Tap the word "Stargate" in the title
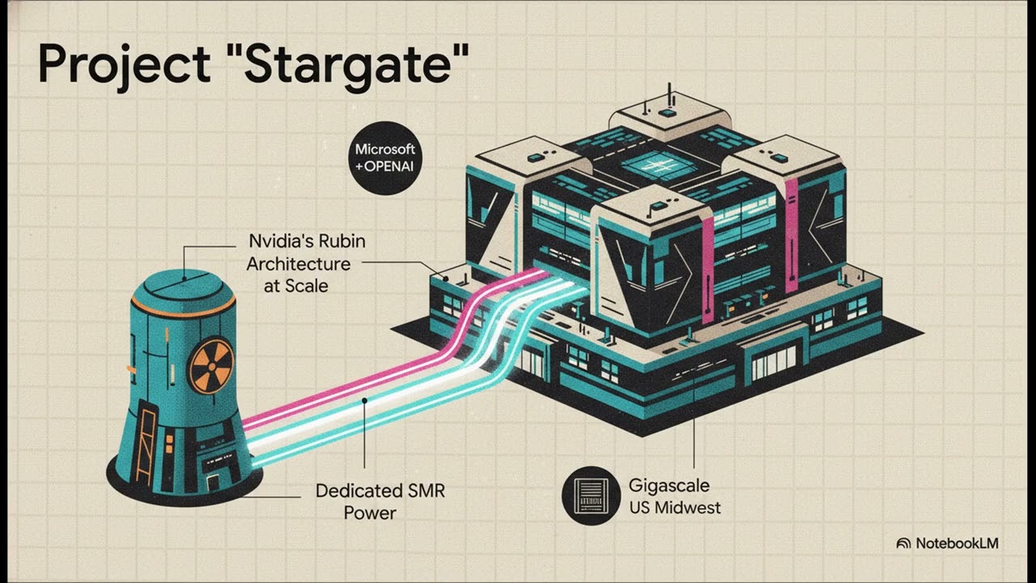pos(352,64)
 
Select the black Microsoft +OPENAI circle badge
pos(384,158)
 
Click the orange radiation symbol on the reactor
pos(212,365)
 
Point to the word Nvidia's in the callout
pos(280,241)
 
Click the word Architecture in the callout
pos(299,264)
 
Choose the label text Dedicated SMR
pos(380,491)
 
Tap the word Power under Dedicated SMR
pos(370,513)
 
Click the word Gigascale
pos(669,486)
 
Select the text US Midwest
pos(675,508)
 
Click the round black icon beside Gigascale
pos(591,496)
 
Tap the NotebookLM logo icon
pos(903,543)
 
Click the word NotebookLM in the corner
pos(957,543)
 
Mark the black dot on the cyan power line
pos(364,401)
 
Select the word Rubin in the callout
pos(342,241)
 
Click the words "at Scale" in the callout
pos(296,286)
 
